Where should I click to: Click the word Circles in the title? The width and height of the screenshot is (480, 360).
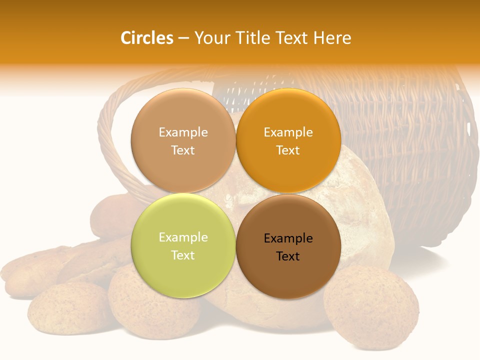(146, 38)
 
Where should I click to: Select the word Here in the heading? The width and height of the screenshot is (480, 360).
(332, 38)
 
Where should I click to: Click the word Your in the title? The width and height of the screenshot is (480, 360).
(211, 38)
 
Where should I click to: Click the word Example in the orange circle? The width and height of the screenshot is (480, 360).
(288, 132)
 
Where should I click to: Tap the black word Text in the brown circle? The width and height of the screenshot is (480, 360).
(288, 256)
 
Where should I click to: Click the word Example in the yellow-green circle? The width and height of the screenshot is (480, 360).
(183, 237)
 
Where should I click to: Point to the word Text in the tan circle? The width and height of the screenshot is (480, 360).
(183, 150)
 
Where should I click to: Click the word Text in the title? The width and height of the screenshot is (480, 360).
(292, 38)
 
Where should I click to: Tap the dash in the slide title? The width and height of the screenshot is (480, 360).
(183, 38)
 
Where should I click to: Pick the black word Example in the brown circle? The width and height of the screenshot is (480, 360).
(288, 238)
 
